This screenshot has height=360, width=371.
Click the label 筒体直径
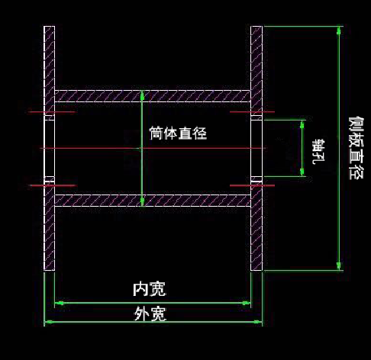tap(178, 133)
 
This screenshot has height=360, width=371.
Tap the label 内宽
tap(150, 289)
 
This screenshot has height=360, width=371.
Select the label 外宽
tap(150, 314)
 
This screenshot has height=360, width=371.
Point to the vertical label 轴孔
tap(318, 151)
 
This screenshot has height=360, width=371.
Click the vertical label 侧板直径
tap(356, 148)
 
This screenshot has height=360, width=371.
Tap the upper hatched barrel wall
tap(153, 96)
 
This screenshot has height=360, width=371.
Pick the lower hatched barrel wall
tap(153, 201)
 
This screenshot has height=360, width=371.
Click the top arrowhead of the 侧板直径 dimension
tap(338, 30)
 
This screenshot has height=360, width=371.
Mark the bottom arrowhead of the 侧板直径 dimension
tap(338, 266)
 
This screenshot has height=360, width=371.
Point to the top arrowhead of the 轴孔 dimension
tap(302, 124)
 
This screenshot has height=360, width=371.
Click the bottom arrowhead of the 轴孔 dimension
tap(302, 172)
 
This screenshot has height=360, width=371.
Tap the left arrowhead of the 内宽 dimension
tap(60, 303)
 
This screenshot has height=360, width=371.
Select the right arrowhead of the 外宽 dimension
tap(258, 322)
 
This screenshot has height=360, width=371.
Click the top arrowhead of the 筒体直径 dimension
tap(142, 95)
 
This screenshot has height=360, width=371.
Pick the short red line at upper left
tap(52, 111)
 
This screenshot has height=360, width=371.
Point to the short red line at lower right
tap(252, 185)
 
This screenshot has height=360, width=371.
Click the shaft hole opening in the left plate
tap(50, 148)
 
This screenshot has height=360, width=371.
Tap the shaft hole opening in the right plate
tap(256, 148)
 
